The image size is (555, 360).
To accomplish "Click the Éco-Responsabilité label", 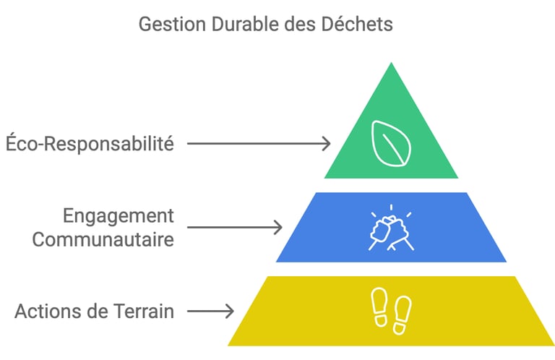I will click(90, 143).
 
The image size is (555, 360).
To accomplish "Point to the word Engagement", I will click(119, 216).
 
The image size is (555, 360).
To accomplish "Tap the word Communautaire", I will click(103, 239).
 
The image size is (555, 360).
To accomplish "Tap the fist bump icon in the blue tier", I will click(391, 228).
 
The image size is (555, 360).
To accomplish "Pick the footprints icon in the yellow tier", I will click(391, 312).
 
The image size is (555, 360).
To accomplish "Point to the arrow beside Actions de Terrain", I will click(210, 312).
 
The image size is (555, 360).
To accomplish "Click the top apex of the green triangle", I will click(391, 64).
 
